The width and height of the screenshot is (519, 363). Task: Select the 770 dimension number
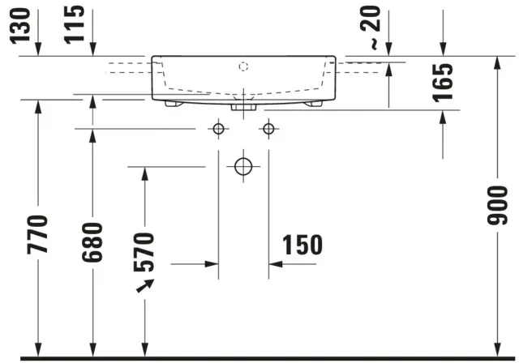pyautogui.click(x=37, y=233)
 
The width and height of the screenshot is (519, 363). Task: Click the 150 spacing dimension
pyautogui.click(x=302, y=245)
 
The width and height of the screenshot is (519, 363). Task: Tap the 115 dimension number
pyautogui.click(x=75, y=24)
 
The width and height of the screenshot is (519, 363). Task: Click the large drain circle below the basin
pyautogui.click(x=243, y=166)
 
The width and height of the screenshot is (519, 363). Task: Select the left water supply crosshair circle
pyautogui.click(x=218, y=128)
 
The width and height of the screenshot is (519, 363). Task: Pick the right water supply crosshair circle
pyautogui.click(x=268, y=128)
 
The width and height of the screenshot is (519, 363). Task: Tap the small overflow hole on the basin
pyautogui.click(x=243, y=65)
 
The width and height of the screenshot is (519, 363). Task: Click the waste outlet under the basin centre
pyautogui.click(x=243, y=105)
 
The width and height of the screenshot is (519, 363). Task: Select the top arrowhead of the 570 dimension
pyautogui.click(x=144, y=173)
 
